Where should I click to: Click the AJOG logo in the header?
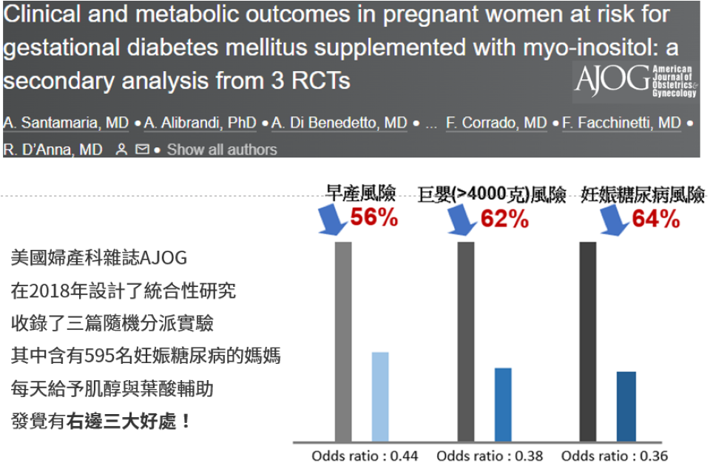(635, 81)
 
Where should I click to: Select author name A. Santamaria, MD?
(66, 123)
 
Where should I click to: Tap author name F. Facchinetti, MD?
(621, 123)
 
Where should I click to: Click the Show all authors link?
(222, 149)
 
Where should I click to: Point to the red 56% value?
(373, 217)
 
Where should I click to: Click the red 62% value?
(504, 218)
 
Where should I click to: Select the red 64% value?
(655, 218)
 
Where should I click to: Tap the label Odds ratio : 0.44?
(365, 456)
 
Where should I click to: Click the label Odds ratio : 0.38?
(490, 456)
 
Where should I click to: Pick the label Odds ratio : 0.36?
(615, 456)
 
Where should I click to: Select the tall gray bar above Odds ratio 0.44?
(343, 341)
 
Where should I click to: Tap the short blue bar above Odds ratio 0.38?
(503, 404)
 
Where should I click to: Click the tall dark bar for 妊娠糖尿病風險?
(588, 341)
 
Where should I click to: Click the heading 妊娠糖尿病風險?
(643, 194)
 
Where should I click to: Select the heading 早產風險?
(361, 194)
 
